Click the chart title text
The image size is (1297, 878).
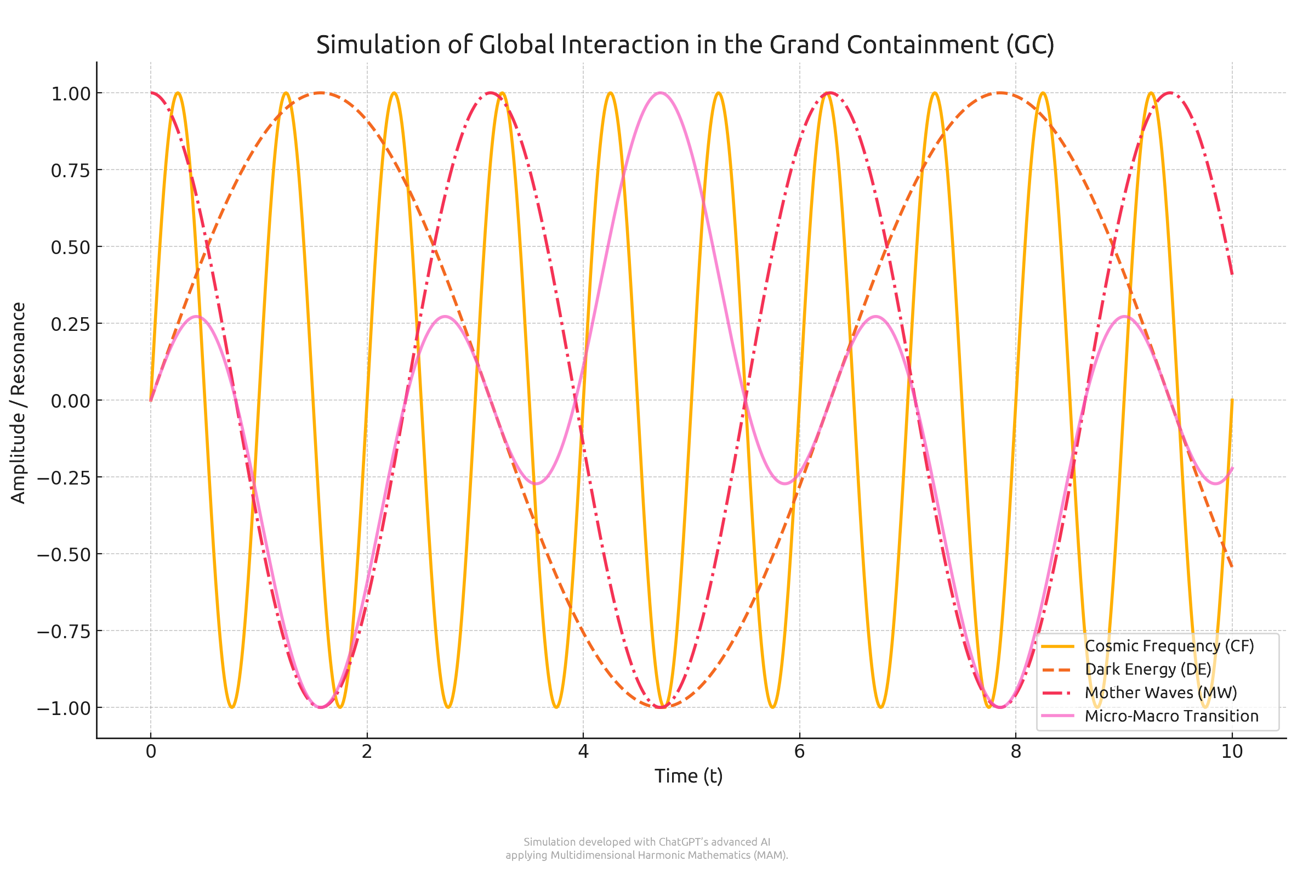pyautogui.click(x=685, y=45)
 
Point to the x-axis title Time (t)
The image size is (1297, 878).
pyautogui.click(x=688, y=776)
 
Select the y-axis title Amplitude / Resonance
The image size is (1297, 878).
pyautogui.click(x=19, y=403)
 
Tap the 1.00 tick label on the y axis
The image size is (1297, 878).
pyautogui.click(x=71, y=94)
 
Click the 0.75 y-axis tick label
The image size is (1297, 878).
pyautogui.click(x=71, y=171)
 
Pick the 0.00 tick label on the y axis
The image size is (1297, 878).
pyautogui.click(x=71, y=401)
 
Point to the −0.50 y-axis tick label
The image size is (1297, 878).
pyautogui.click(x=64, y=555)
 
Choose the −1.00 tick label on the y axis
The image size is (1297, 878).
pyautogui.click(x=64, y=708)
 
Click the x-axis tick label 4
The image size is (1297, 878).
pyautogui.click(x=583, y=752)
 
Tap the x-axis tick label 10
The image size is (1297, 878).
pyautogui.click(x=1232, y=752)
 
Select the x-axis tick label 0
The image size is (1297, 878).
pyautogui.click(x=151, y=752)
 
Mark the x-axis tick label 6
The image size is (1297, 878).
pyautogui.click(x=799, y=752)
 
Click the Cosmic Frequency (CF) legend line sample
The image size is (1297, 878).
pyautogui.click(x=1057, y=646)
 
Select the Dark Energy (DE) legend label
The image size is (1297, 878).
pyautogui.click(x=1147, y=669)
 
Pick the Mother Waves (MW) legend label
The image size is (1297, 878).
pyautogui.click(x=1161, y=693)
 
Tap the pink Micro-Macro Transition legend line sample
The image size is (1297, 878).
pyautogui.click(x=1057, y=716)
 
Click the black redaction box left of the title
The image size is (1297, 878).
pyautogui.click(x=246, y=48)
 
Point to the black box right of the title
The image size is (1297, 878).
pyautogui.click(x=1126, y=48)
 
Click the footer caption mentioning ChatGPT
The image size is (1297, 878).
pyautogui.click(x=647, y=848)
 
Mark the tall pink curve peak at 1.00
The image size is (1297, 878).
pyautogui.click(x=660, y=93)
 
